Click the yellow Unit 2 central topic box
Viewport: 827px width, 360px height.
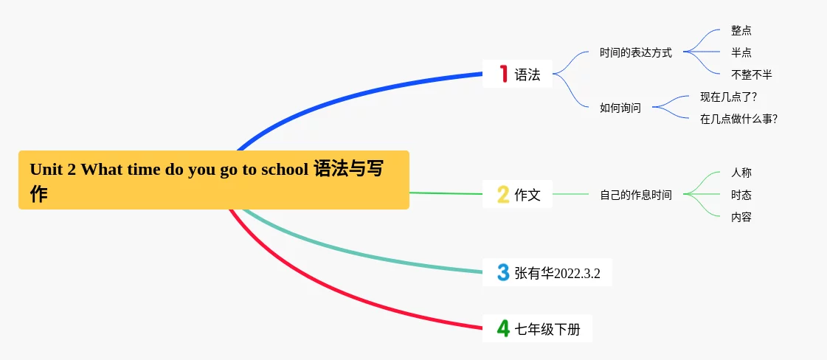click(213, 180)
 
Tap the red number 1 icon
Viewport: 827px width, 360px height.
click(503, 74)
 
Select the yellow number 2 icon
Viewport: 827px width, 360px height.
click(503, 195)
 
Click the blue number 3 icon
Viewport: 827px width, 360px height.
click(503, 273)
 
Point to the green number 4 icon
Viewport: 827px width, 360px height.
click(503, 328)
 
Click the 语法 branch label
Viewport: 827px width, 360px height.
click(527, 75)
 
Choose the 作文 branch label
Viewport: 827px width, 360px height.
click(527, 195)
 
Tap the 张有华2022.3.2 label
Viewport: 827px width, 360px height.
click(558, 274)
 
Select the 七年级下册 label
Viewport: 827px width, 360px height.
click(547, 329)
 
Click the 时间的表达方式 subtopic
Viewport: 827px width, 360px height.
click(636, 53)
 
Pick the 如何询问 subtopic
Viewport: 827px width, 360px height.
click(620, 108)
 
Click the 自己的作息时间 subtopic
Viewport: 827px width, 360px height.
click(636, 195)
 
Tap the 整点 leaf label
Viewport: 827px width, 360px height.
click(741, 31)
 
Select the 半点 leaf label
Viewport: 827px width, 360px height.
click(741, 52)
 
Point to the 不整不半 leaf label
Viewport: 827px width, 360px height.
click(752, 75)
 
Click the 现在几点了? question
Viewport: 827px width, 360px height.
click(728, 97)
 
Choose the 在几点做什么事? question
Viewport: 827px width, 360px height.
click(738, 119)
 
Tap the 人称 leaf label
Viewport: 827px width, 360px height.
click(741, 173)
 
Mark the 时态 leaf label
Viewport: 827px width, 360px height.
click(741, 195)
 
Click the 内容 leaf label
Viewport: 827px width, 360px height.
click(741, 218)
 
